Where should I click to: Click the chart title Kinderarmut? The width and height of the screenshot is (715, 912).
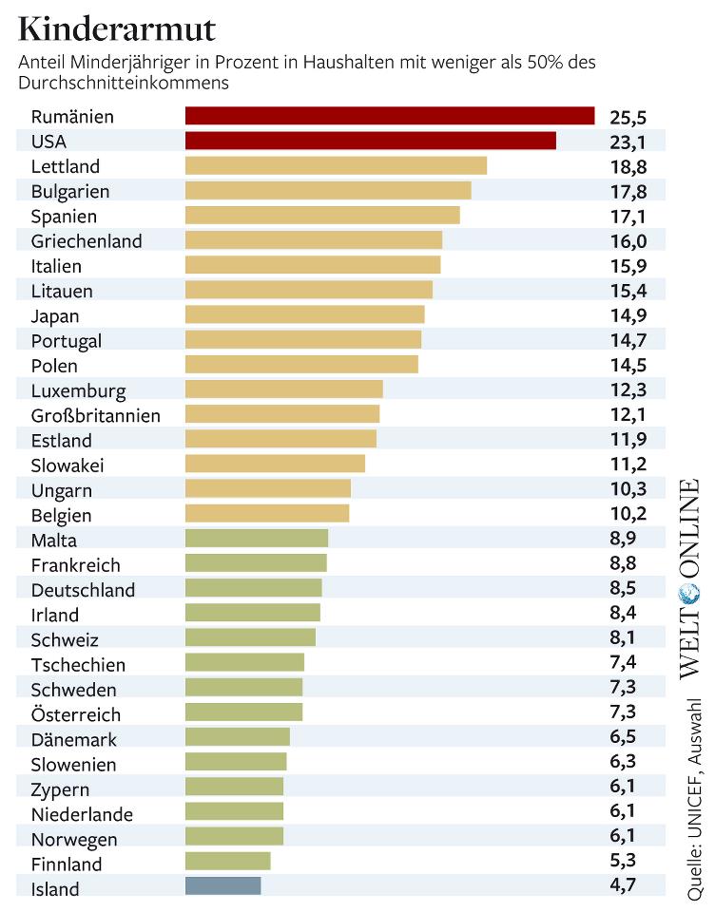pos(117,29)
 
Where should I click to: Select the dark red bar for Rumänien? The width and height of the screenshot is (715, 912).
pos(389,116)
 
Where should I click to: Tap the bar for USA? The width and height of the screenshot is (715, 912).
pos(370,141)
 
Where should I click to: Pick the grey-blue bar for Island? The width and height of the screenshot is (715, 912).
pos(222,885)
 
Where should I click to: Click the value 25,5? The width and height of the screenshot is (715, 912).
pos(628,117)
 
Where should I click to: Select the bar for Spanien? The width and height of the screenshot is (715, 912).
pos(321,215)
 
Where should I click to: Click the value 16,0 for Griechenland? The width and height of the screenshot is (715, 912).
pos(628,240)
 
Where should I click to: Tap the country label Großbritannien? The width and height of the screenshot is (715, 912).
pos(96,415)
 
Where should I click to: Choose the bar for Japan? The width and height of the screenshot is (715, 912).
pos(304,314)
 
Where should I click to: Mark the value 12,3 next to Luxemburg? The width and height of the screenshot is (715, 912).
pos(628,389)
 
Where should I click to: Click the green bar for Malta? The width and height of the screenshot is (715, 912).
pos(256,539)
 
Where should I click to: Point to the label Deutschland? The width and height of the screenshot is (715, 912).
pos(83,589)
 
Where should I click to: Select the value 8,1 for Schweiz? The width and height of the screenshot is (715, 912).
pos(623,638)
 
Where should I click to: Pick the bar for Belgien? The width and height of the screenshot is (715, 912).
pos(266,514)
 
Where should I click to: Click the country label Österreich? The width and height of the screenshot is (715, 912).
pos(76,713)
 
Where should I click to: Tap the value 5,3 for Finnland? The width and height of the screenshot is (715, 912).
pos(623,863)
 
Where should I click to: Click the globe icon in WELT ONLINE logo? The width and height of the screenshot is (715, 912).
pos(689,595)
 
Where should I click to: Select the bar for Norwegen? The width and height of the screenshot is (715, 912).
pos(234,836)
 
